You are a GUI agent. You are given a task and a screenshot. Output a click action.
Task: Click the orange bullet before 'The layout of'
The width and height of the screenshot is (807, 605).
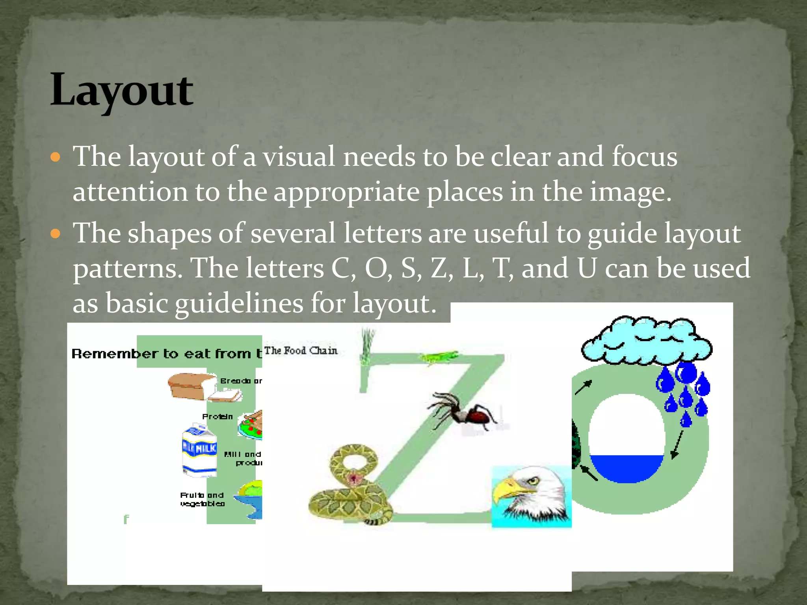[x=56, y=158]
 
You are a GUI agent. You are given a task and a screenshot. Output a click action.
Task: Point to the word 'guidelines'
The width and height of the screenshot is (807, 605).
[x=239, y=304]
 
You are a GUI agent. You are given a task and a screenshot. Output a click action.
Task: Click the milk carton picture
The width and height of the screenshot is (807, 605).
[x=199, y=450]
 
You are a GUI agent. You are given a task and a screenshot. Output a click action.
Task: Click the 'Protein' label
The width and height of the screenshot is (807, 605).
[x=217, y=417]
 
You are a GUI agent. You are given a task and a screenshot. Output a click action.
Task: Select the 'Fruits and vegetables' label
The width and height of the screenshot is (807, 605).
[x=202, y=499]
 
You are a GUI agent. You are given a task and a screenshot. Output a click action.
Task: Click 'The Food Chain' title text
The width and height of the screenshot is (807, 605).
[x=301, y=351]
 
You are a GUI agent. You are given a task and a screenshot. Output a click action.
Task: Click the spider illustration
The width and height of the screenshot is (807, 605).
[x=465, y=412]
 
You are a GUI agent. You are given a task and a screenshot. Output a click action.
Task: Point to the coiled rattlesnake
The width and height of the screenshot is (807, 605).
[x=349, y=486]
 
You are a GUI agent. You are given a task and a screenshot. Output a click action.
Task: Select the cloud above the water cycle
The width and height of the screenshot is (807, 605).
[x=646, y=341]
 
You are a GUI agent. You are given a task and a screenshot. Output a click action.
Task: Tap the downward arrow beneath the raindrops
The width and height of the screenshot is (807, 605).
[x=677, y=445]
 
